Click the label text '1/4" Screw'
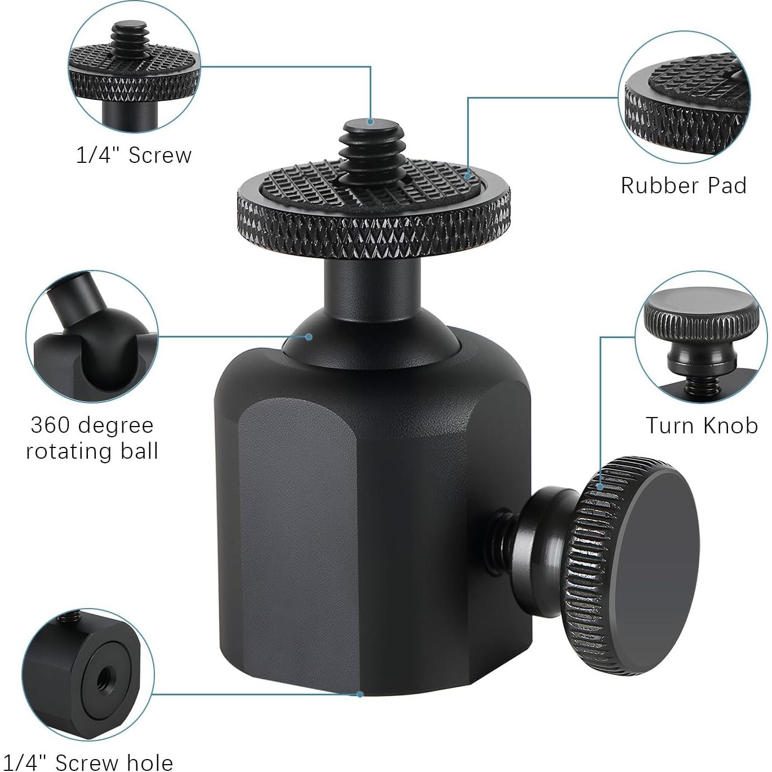click(134, 155)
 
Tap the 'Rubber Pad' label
click(684, 185)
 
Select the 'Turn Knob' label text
click(702, 425)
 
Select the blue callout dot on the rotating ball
click(309, 337)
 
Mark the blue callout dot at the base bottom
click(360, 694)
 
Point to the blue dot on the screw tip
click(370, 122)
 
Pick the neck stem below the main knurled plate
click(371, 285)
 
